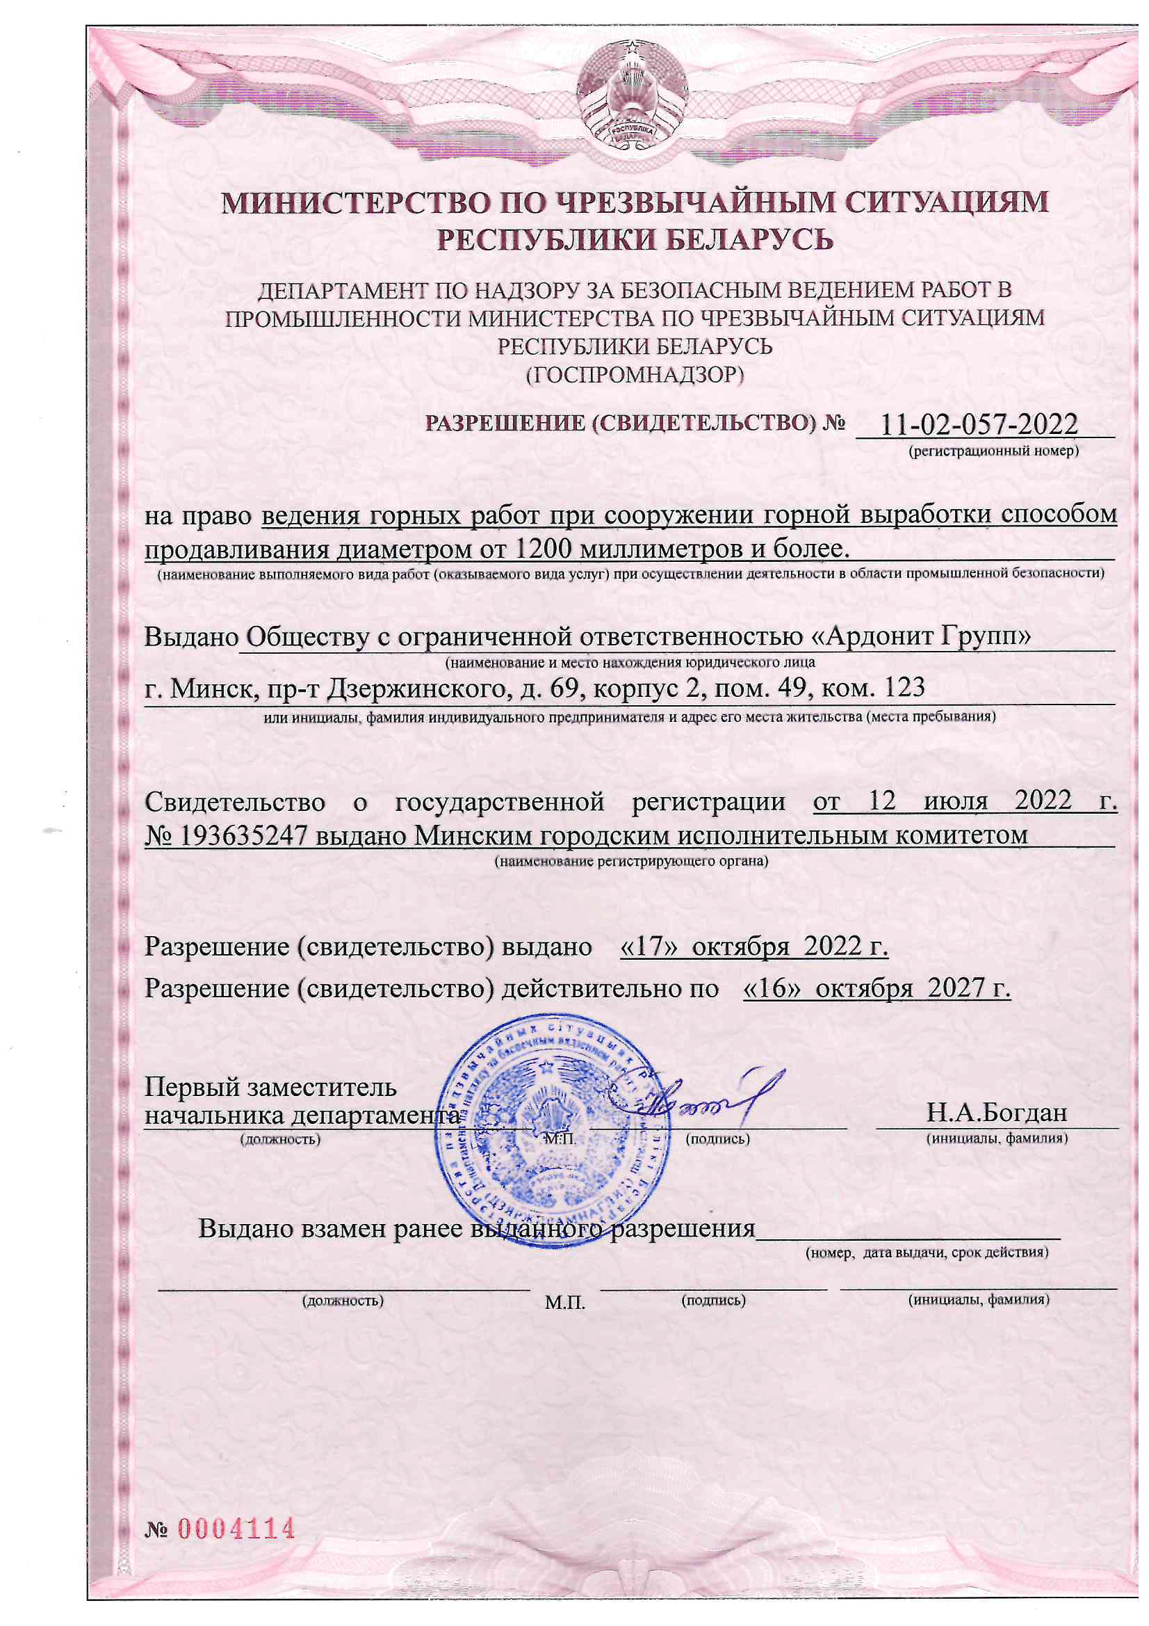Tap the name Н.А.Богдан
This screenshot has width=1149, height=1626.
(x=996, y=1113)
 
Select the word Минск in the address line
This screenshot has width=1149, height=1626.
(x=210, y=687)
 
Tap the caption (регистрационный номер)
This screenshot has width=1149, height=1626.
(x=993, y=451)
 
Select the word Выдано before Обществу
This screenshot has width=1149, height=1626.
(x=190, y=637)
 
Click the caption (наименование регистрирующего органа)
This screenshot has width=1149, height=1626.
(x=630, y=862)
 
